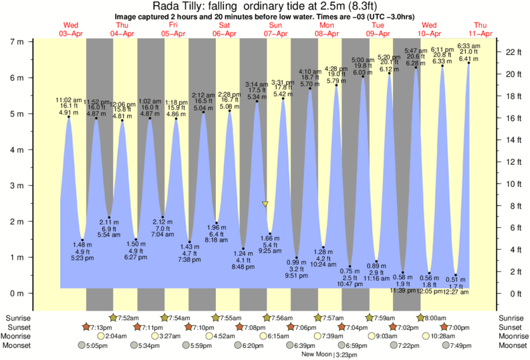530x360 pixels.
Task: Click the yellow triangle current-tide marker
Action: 265,204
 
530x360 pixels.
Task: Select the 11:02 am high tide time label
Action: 68,100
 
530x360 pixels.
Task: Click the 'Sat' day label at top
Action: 225,25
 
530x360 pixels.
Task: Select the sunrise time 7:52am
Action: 128,317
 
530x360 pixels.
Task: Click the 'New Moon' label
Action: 316,355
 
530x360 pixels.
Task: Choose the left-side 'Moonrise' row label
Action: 19,336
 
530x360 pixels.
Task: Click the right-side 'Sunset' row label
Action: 511,327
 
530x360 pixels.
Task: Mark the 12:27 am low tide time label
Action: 456,292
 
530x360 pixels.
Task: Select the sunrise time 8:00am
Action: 436,317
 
